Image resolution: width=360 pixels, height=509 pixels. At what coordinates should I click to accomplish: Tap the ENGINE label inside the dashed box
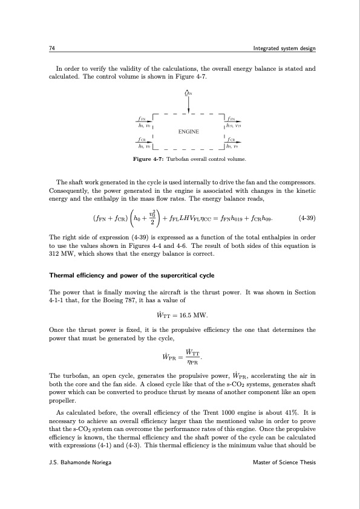click(x=189, y=131)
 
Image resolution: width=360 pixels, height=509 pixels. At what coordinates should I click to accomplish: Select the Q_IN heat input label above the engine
click(x=189, y=92)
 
